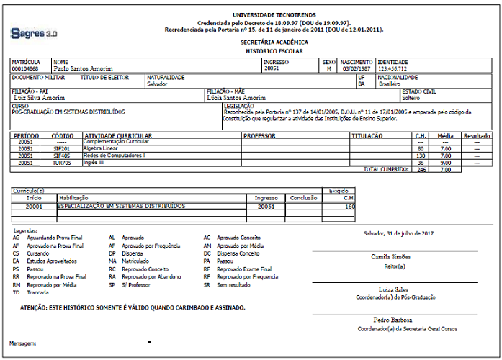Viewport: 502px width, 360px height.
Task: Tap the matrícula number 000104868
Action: tap(25, 68)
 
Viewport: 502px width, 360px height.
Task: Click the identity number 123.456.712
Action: tap(393, 68)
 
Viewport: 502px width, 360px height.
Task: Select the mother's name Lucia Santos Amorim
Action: tap(236, 98)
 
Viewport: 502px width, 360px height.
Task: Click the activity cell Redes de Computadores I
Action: tap(114, 156)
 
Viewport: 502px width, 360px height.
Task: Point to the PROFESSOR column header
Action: tap(259, 135)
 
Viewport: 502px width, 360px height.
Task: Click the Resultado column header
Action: tap(477, 135)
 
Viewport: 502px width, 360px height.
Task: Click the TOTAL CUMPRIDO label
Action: tap(387, 169)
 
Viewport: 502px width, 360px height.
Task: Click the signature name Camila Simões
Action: tap(391, 257)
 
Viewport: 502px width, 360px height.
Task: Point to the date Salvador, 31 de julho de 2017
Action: tap(398, 233)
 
